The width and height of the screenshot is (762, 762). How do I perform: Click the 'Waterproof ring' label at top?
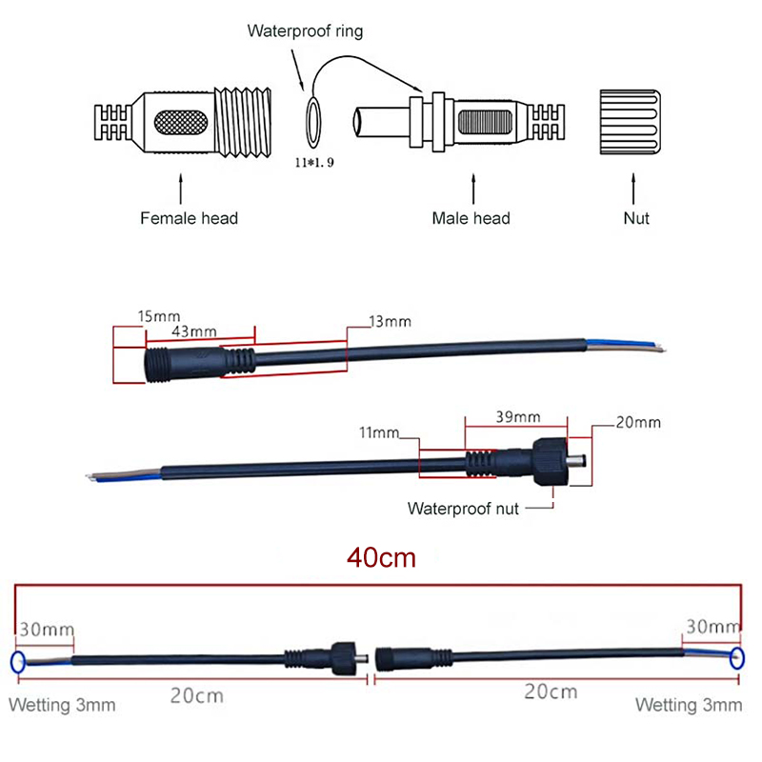(x=305, y=31)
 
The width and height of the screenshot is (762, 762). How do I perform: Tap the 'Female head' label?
(x=189, y=218)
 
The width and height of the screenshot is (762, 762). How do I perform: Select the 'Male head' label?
(x=471, y=218)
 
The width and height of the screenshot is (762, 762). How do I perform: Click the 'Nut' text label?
(x=635, y=218)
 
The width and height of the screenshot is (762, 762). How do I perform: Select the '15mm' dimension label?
(x=133, y=315)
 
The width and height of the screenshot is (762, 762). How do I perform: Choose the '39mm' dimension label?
(x=518, y=416)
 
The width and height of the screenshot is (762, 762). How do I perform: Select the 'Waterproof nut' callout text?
(x=463, y=509)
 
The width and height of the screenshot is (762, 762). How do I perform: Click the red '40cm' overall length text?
(x=381, y=558)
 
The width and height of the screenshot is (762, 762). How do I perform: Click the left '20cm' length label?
(x=196, y=694)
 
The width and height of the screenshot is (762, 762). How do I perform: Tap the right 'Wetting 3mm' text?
(x=688, y=706)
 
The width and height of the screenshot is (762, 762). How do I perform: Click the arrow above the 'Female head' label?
(x=181, y=188)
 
